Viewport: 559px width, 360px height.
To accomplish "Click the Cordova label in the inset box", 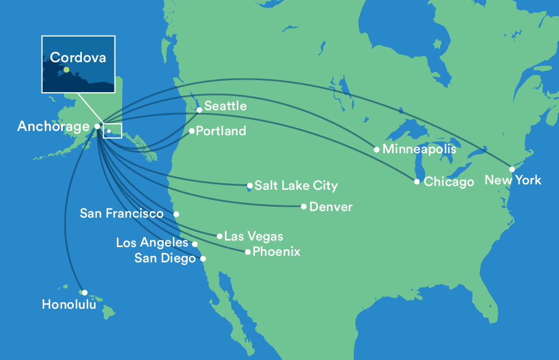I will (x=78, y=57).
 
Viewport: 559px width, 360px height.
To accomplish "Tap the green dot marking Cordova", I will (x=66, y=70).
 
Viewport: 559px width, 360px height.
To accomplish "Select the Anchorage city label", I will (x=53, y=127).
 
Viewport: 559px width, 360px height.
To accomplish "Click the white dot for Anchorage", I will (x=97, y=126).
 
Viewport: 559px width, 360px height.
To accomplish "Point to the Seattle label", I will (x=225, y=106).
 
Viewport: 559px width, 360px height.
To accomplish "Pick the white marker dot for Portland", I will (x=192, y=131).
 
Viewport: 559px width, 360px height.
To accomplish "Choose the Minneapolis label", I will (x=419, y=149).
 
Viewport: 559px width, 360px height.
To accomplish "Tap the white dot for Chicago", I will (x=417, y=182).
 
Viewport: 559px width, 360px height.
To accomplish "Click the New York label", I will (x=513, y=180).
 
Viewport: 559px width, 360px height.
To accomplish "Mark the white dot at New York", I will (x=512, y=169).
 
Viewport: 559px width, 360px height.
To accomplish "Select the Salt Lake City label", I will (x=296, y=185).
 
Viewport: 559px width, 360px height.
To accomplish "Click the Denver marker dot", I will (x=304, y=207).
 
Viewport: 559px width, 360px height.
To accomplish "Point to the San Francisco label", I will (x=122, y=213).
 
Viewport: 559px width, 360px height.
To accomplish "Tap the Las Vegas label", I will (x=254, y=236).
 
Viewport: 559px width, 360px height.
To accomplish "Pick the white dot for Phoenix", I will (x=248, y=252).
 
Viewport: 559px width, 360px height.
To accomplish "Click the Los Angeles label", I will (x=152, y=243).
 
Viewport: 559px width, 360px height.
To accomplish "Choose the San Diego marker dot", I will (x=203, y=259).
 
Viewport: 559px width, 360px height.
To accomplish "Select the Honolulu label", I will (x=69, y=304).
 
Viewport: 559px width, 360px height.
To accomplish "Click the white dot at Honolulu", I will (x=85, y=292).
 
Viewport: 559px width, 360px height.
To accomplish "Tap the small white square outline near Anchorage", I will (x=112, y=131).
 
